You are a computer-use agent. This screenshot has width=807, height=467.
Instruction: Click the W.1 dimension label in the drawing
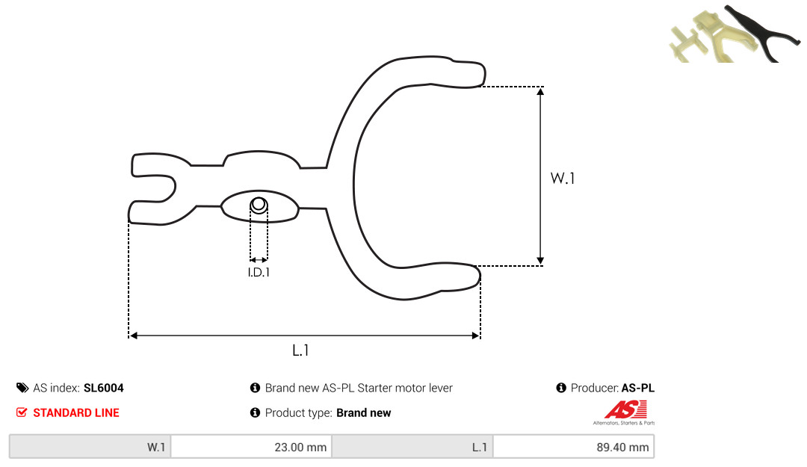(x=563, y=178)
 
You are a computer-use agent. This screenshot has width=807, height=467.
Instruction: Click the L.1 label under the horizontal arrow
(x=300, y=350)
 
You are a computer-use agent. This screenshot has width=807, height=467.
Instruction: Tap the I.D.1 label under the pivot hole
(x=259, y=273)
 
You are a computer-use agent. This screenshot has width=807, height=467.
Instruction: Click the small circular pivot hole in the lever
(x=259, y=205)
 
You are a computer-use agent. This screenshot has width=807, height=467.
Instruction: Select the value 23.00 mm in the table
(x=300, y=447)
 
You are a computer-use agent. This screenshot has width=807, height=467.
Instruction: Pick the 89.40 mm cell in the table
(x=622, y=447)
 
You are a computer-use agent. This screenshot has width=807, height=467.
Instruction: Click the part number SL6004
(x=103, y=388)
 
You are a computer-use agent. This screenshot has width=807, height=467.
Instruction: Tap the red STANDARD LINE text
(x=76, y=412)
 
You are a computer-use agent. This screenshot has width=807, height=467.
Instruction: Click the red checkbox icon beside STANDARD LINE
(x=22, y=412)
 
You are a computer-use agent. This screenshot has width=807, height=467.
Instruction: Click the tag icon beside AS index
(x=22, y=388)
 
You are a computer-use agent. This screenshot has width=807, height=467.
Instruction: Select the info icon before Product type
(x=255, y=412)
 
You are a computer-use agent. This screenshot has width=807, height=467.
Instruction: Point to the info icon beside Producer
(x=561, y=388)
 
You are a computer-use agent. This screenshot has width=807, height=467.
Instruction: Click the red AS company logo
(x=625, y=412)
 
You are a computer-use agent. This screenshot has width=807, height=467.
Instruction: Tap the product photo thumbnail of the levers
(x=734, y=34)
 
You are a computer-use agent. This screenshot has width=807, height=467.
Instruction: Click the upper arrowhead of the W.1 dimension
(x=540, y=91)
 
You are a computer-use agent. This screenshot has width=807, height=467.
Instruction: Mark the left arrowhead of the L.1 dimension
(x=133, y=335)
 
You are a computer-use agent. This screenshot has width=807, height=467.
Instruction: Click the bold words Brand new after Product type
(x=363, y=412)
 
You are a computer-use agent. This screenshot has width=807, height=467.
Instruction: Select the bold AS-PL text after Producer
(x=638, y=388)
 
